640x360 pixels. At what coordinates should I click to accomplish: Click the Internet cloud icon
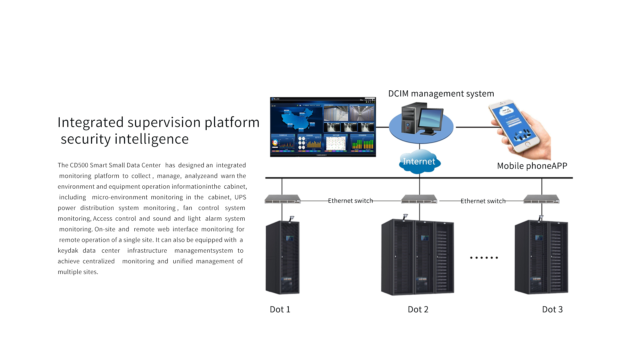[x=419, y=162]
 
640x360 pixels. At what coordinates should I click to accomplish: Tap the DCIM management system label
[x=441, y=94]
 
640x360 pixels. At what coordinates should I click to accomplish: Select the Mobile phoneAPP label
[x=532, y=166]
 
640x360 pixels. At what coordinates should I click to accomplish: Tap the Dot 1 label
[x=280, y=309]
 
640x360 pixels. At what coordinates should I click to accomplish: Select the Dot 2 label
[x=418, y=309]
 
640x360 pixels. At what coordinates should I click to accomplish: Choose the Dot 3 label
[x=552, y=309]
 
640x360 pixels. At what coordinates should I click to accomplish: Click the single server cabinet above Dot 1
[x=283, y=257]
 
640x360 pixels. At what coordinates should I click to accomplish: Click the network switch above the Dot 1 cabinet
[x=283, y=200]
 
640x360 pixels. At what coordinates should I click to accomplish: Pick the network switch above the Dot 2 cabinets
[x=419, y=200]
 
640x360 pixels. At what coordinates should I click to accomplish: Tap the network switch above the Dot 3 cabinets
[x=541, y=200]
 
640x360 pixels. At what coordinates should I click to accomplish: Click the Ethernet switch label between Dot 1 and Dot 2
[x=350, y=201]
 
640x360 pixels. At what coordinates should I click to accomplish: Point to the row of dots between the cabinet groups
[x=484, y=258]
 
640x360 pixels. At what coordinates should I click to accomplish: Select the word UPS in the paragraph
[x=240, y=197]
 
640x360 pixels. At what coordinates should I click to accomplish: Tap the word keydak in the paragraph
[x=68, y=251]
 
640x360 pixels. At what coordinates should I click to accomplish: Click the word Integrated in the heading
[x=91, y=123]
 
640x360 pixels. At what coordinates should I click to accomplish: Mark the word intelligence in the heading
[x=152, y=139]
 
